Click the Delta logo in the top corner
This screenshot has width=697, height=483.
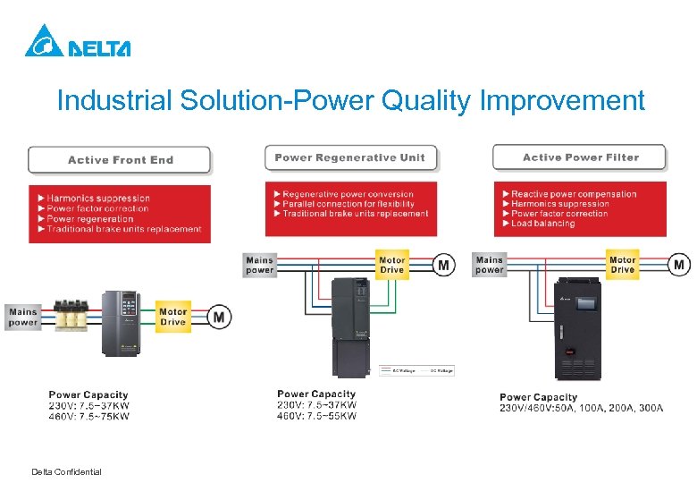coord(77,41)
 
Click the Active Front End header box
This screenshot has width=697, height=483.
coord(120,160)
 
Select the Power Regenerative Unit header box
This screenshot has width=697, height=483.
coord(349,157)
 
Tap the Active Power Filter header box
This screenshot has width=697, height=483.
coord(580,157)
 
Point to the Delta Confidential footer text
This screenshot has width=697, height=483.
coord(66,471)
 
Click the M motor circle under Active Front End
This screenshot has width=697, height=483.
coord(219,317)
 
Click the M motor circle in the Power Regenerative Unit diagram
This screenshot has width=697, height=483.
coord(443,265)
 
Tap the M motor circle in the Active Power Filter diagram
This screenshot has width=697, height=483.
coord(680,265)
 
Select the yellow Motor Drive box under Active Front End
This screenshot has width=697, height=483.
coord(173,317)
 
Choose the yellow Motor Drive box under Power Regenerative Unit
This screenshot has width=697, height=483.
coord(392,265)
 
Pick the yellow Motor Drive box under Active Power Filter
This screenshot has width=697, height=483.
coord(622,265)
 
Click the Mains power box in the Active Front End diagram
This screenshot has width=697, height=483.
coord(23,317)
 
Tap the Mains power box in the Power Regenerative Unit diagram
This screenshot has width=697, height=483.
coord(259,265)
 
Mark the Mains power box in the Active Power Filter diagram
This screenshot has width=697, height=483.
coord(490,265)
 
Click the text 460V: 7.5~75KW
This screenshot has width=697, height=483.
coord(88,416)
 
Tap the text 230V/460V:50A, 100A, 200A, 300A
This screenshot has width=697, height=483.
coord(581,408)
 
